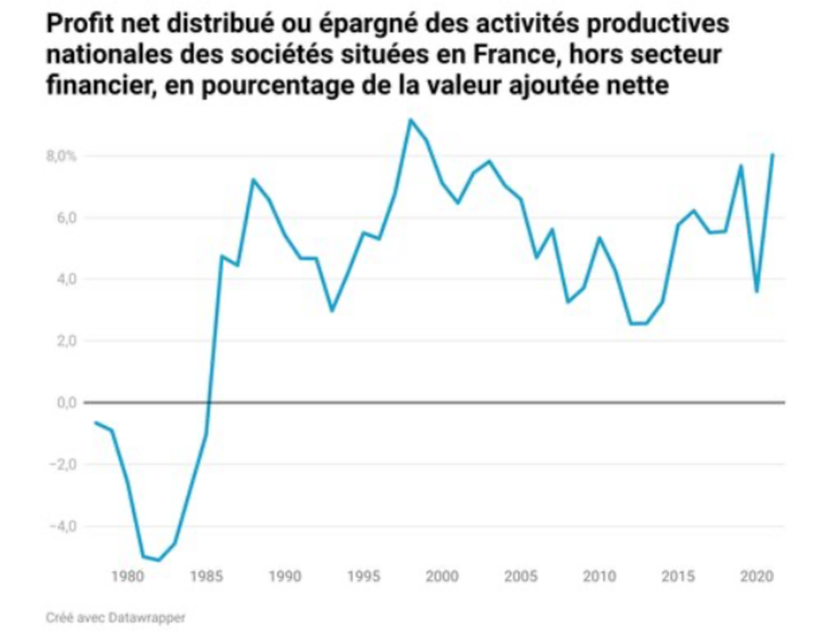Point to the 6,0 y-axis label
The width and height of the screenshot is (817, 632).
66,217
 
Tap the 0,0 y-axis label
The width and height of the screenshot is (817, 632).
66,403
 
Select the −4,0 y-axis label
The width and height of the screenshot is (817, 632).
63,526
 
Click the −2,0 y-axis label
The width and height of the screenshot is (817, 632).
63,464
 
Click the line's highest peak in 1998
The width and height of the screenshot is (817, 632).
411,120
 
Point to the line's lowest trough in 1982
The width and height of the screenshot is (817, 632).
159,560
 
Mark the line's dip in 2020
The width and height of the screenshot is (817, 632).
757,292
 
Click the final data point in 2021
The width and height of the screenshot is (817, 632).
772,154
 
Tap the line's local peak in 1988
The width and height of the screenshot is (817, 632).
254,180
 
